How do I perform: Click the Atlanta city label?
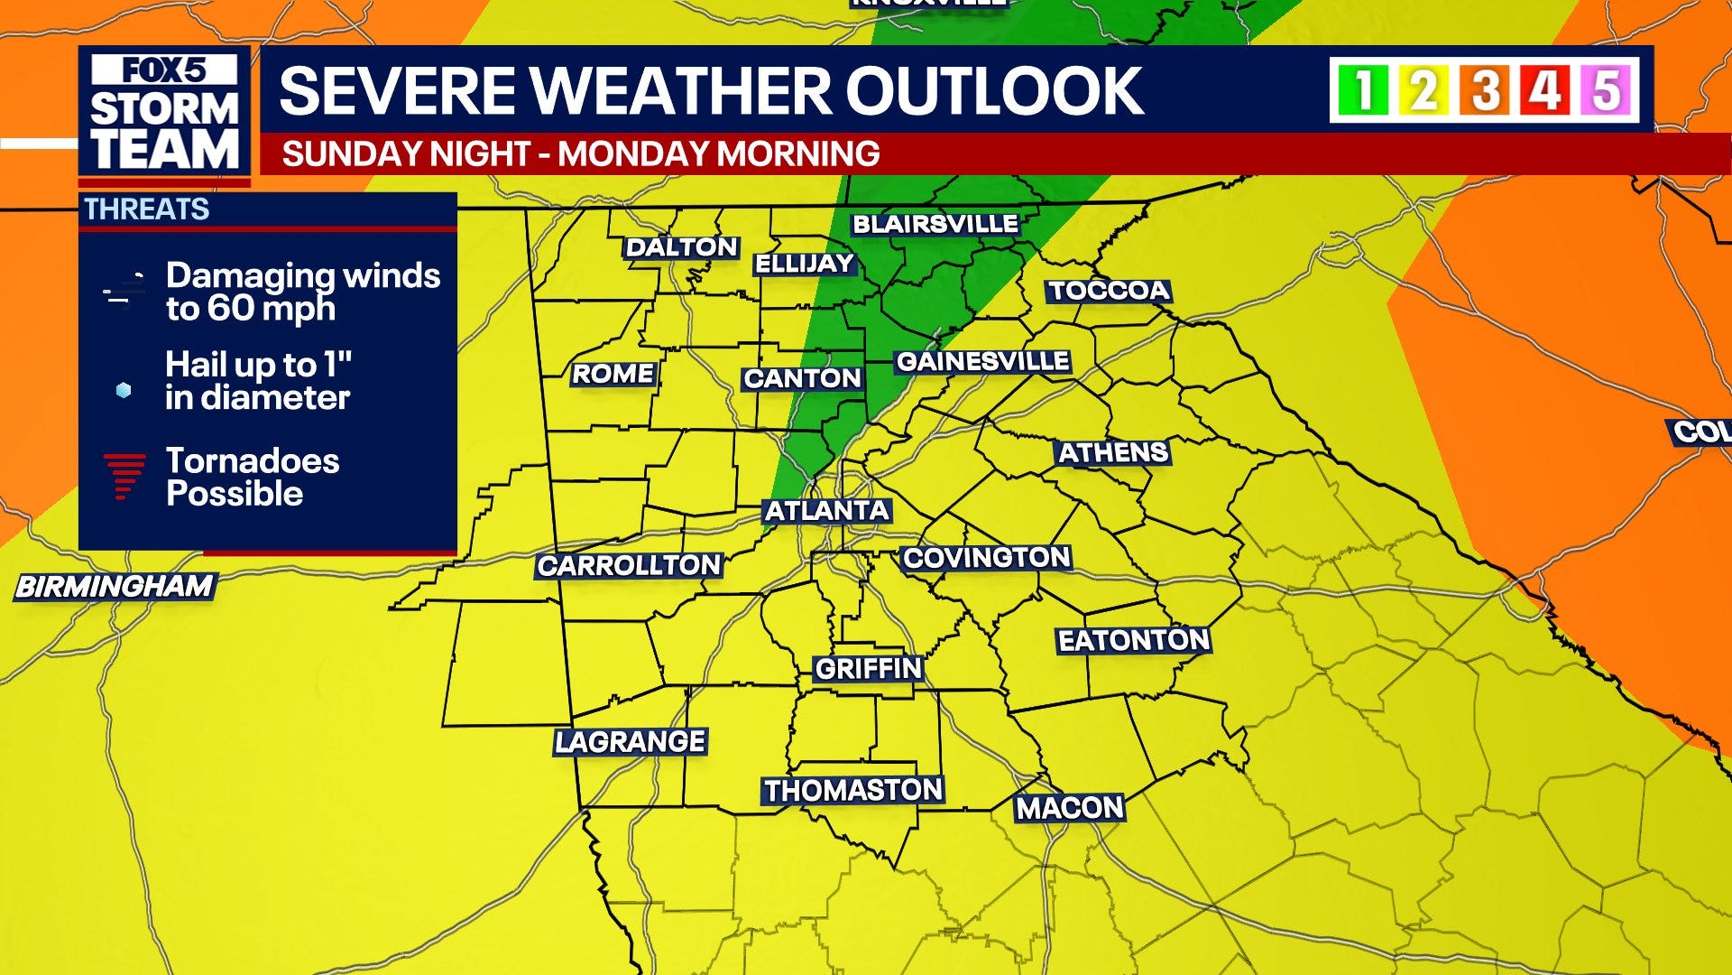coord(827,511)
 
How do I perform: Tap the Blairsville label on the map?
coord(935,224)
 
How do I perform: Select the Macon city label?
coord(1070,808)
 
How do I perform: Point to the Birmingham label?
coord(115,587)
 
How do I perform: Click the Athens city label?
coord(1113,452)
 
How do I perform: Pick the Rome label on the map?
coord(613,374)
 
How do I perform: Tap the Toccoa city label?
coord(1109,291)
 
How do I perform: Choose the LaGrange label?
coord(630,742)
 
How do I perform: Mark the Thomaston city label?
coord(853,791)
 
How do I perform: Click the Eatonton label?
coord(1133,641)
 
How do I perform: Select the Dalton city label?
coord(682,247)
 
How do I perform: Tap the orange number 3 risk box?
coord(1485,90)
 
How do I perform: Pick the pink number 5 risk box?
coord(1607,90)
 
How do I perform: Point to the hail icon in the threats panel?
coord(124,390)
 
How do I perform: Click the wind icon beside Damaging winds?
coord(124,291)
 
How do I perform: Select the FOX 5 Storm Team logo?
coord(164,113)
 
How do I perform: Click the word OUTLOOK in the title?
coord(994,90)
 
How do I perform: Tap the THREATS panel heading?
coord(147,209)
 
